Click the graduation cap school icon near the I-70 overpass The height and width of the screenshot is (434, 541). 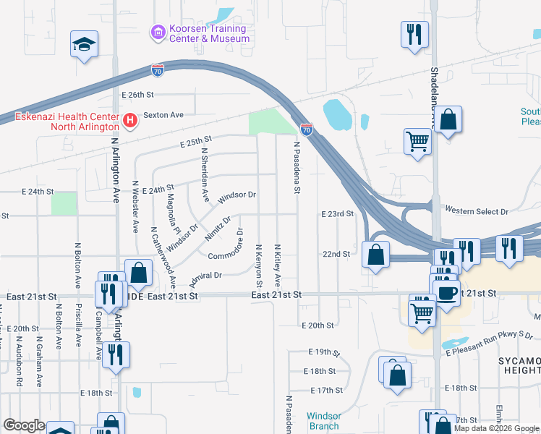84,45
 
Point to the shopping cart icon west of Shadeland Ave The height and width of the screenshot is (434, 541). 417,141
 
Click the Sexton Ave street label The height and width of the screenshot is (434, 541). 163,115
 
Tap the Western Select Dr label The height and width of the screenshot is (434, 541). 477,211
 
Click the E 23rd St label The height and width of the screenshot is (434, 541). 336,214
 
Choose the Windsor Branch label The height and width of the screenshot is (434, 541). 323,421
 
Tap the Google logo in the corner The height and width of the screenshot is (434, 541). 24,426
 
